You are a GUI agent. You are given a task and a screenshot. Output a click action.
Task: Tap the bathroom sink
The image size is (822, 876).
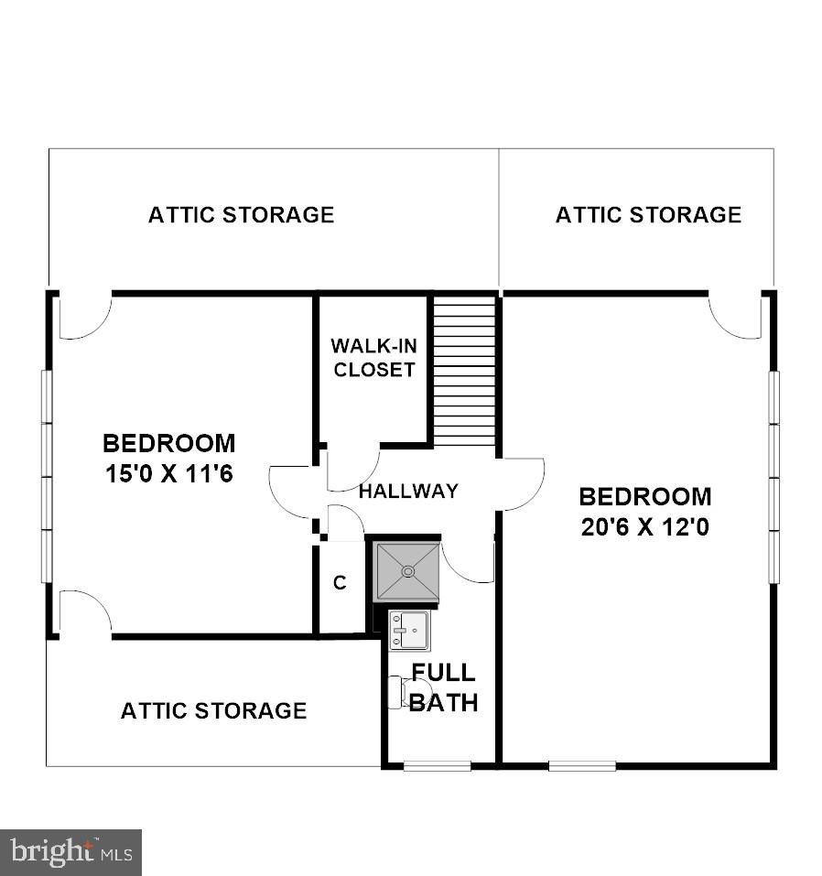[x=408, y=630]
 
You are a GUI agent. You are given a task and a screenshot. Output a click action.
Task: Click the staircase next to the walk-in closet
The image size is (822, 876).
[x=464, y=371]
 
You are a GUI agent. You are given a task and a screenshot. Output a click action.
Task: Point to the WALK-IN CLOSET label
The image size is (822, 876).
[x=373, y=358]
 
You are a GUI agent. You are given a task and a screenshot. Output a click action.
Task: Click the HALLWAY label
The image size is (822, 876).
[x=408, y=492]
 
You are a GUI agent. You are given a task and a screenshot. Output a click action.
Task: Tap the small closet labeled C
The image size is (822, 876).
[x=340, y=584]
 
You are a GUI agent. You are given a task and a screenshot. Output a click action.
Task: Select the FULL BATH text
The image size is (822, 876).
[x=443, y=687]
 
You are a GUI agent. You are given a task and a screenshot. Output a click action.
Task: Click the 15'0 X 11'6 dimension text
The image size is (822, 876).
[x=168, y=475]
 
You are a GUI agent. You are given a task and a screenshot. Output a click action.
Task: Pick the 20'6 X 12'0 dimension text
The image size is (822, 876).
[x=645, y=528]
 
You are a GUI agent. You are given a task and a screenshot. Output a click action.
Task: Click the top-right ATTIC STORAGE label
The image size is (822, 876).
[x=648, y=215]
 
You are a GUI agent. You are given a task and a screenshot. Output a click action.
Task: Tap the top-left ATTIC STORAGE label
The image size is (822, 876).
[x=242, y=215]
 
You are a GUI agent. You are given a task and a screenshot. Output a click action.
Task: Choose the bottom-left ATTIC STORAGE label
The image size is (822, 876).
[x=213, y=710]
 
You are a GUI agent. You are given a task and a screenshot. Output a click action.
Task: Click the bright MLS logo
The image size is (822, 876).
[x=70, y=853]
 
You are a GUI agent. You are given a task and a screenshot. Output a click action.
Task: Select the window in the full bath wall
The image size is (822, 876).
[x=437, y=765]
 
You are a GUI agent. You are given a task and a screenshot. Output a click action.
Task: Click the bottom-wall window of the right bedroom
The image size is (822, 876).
[x=582, y=765]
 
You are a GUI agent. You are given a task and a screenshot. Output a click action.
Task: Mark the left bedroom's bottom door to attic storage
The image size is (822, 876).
[x=84, y=612]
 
